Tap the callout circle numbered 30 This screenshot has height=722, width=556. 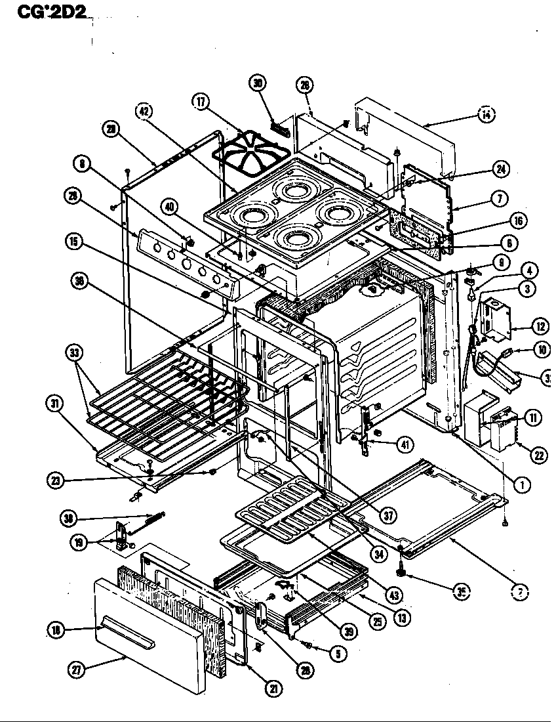258,83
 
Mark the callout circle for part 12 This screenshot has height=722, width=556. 540,324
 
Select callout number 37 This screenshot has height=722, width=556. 389,515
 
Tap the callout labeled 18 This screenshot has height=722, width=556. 57,630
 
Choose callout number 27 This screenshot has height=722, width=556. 77,670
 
